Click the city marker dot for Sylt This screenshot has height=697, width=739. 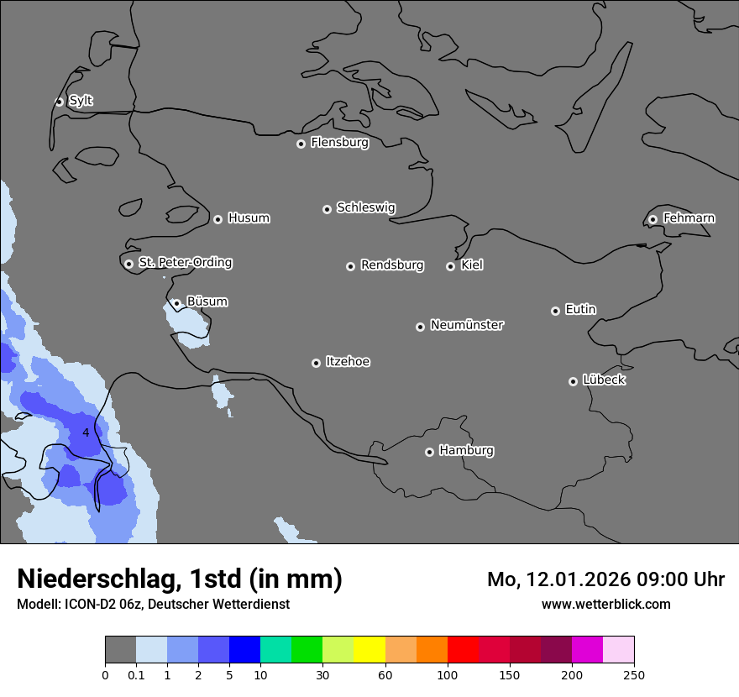60,102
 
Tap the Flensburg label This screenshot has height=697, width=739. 339,143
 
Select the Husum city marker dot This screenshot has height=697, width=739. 218,219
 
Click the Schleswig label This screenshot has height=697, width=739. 365,207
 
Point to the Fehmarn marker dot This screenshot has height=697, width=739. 653,219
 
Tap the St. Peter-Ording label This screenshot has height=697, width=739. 185,263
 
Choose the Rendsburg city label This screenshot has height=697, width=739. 391,265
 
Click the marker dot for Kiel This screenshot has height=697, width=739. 450,266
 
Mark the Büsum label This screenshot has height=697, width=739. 207,301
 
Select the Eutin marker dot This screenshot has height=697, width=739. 555,311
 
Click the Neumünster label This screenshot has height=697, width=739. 466,325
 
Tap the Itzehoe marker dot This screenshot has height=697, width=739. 316,363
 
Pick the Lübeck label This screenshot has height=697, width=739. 604,380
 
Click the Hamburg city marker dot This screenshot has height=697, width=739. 429,452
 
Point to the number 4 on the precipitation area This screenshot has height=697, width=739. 86,432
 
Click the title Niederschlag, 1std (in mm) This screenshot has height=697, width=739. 180,579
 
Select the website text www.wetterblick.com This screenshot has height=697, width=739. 605,604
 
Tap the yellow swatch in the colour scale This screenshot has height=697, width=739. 369,650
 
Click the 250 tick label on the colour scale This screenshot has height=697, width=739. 634,674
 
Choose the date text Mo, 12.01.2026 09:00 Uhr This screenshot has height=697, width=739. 605,579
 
